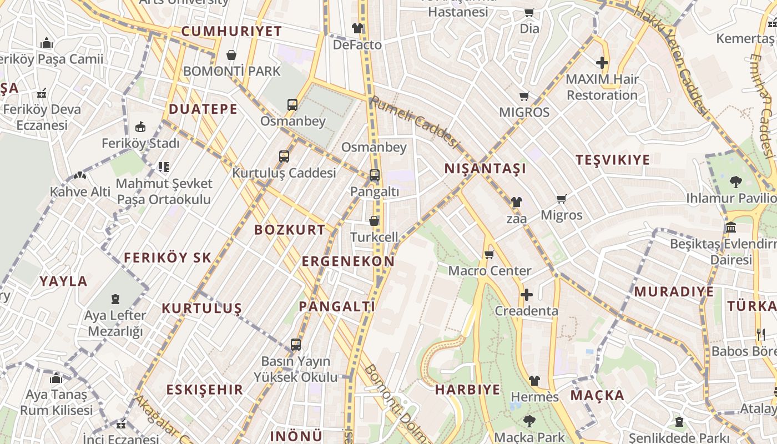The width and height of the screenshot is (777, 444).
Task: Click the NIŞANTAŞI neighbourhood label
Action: pos(485,169)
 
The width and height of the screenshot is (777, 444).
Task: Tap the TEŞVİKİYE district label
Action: pos(613,160)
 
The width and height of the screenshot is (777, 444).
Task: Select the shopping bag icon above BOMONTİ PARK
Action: pos(231,55)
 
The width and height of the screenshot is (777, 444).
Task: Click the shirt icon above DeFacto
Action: pos(357,28)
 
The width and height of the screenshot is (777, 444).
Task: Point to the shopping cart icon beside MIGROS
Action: pos(524,96)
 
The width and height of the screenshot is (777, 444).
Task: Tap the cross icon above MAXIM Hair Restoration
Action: pos(602,63)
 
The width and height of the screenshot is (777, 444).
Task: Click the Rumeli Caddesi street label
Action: pos(415,122)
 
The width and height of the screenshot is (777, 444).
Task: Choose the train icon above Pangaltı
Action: pos(375,175)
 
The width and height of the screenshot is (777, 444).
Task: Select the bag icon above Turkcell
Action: pos(375,221)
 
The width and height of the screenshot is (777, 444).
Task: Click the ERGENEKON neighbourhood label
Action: pos(348,261)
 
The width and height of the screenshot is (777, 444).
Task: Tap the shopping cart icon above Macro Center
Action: pos(489,255)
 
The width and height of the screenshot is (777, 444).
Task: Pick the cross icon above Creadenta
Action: pos(527,295)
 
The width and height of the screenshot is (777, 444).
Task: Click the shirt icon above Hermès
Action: pos(534,381)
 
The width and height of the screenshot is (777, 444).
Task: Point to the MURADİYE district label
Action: pos(674,292)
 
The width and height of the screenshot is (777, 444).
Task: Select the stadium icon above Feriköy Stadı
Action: pos(140,127)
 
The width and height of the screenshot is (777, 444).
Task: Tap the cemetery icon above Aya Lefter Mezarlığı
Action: pos(115,300)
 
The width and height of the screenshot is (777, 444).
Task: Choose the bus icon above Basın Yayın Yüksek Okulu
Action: pos(296,345)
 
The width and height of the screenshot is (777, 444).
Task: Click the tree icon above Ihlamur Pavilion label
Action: pos(736,181)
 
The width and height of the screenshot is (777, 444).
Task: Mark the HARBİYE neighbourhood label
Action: pos(467,390)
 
